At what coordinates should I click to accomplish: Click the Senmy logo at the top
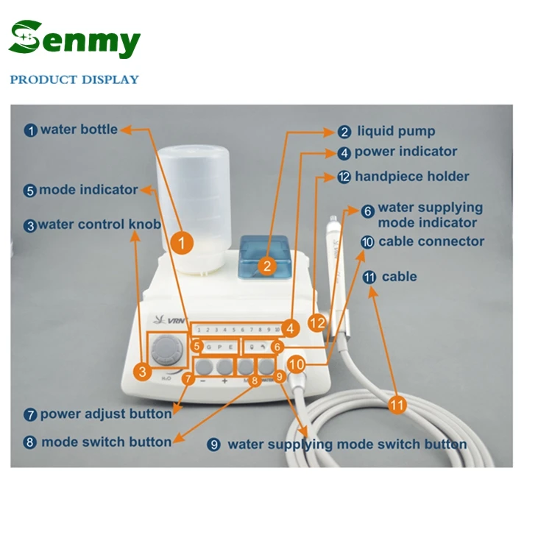pos(74,40)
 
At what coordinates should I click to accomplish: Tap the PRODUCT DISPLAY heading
pos(74,79)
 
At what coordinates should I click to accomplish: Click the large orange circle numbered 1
pos(183,241)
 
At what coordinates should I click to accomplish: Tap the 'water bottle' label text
pos(79,130)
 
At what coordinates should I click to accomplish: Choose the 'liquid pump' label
pos(396,132)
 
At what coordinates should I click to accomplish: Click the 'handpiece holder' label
pos(411,177)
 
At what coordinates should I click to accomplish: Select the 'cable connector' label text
pos(431,241)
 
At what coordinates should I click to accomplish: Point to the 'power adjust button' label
pos(106,414)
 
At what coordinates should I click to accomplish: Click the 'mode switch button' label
pos(106,442)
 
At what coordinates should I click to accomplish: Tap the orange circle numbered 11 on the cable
pos(397,404)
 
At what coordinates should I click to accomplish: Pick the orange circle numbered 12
pos(317,322)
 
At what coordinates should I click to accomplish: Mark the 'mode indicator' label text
pos(88,190)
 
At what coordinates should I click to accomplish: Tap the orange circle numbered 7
pos(188,380)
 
